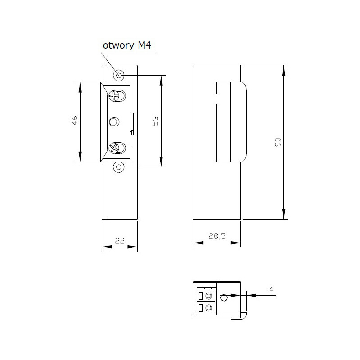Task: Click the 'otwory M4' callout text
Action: pos(127,46)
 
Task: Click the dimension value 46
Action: pos(75,121)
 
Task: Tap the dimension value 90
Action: pos(278,143)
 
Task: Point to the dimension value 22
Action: pos(119,241)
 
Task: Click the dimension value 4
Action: pos(271,289)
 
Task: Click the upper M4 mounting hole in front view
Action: pos(119,75)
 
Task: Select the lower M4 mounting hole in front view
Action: pos(119,167)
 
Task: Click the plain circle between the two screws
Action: pos(114,121)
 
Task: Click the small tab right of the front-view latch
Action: pos(132,124)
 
